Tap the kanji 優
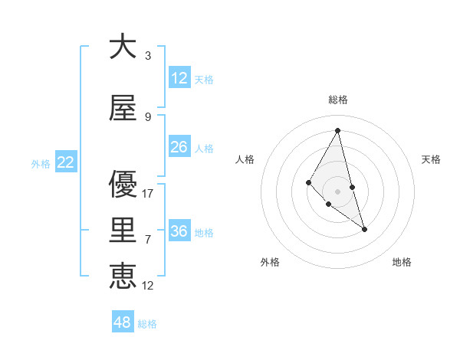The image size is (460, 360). tap(123, 185)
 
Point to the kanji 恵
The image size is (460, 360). tap(123, 273)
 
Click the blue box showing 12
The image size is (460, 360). tap(179, 78)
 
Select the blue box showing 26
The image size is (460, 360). tap(179, 147)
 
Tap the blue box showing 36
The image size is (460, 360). tap(179, 231)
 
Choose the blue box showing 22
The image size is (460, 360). tap(66, 162)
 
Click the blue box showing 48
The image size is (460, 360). tap(123, 322)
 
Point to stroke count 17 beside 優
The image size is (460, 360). tap(148, 194)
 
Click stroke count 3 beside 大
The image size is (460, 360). tap(148, 56)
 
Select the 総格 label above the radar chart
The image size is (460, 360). tap(337, 100)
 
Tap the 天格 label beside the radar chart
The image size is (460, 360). tap(431, 159)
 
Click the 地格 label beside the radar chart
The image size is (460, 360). tap(402, 262)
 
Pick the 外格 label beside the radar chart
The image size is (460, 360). tap(270, 262)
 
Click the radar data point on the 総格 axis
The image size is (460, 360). tap(337, 130)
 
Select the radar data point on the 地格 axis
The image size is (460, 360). tap(364, 229)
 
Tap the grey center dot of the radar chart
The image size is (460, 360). tap(337, 191)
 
